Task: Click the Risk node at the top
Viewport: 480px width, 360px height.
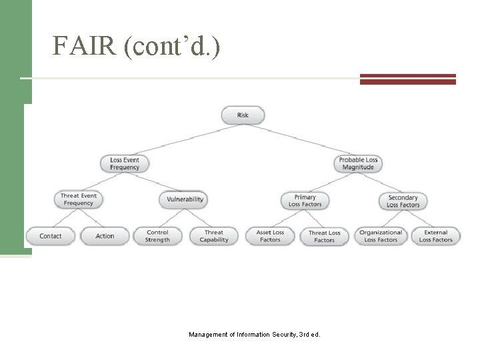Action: (243, 115)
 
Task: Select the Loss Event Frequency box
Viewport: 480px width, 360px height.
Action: (125, 163)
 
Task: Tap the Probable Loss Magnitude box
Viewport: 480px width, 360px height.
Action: (358, 163)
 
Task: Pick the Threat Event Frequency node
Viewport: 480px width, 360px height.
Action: (79, 199)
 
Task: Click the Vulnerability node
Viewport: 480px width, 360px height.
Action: (183, 199)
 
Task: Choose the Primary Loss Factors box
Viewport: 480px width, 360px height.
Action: (305, 200)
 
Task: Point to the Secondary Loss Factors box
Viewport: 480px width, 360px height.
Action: (403, 201)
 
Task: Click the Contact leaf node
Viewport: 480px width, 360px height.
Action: (51, 236)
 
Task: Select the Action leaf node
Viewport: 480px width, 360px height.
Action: (105, 236)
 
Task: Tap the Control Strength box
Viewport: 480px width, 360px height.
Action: (157, 236)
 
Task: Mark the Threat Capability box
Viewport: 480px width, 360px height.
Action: (214, 236)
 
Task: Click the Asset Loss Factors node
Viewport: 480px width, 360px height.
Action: (270, 236)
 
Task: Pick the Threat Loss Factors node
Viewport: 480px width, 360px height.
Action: (324, 236)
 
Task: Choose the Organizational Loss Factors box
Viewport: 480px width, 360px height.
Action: (381, 236)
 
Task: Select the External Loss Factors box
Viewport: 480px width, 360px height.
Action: (435, 236)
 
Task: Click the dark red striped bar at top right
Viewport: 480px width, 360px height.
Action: (407, 79)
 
